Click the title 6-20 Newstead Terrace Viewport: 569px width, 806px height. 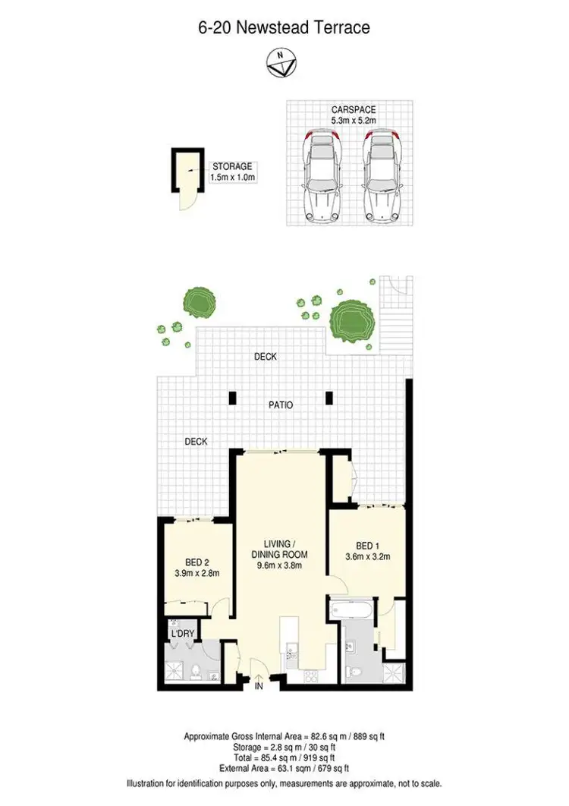(284, 28)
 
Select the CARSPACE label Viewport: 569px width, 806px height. (354, 109)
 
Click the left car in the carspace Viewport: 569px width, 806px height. (321, 175)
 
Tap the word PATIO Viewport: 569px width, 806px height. (281, 405)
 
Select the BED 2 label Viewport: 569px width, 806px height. (196, 562)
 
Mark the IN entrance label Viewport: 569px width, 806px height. (259, 687)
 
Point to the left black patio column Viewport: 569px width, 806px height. (232, 397)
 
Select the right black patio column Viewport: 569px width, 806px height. (329, 397)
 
